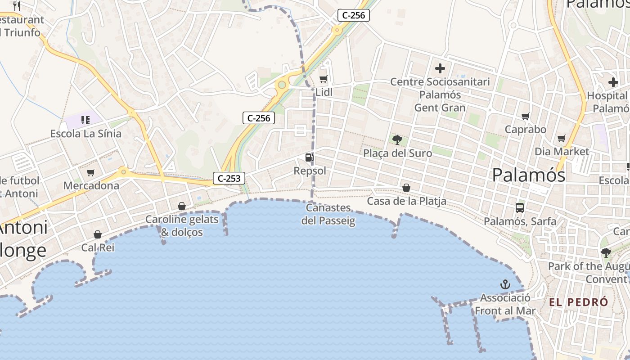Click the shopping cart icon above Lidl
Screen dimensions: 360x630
tap(323, 80)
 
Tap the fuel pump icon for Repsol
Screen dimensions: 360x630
tap(309, 157)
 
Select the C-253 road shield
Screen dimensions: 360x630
tap(229, 178)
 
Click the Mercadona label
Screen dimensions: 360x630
tap(91, 185)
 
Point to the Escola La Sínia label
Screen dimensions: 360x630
tap(85, 134)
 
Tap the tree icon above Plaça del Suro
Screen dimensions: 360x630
tap(397, 140)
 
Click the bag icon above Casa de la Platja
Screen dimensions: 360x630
tap(406, 188)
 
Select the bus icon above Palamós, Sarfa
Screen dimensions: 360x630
tap(520, 208)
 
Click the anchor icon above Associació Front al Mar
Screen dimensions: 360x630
tap(505, 284)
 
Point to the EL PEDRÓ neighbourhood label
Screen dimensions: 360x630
tap(579, 302)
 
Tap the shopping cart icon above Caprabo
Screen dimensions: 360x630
tap(525, 117)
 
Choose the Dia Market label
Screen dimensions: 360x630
tap(562, 151)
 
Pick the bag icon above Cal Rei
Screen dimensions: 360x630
tap(98, 234)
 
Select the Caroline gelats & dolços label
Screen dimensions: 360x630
tap(182, 226)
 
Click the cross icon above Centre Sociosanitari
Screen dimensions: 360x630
tap(440, 68)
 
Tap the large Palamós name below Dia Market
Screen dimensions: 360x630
tap(528, 175)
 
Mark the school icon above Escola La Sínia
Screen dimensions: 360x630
tap(85, 120)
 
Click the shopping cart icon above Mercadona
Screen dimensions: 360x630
tap(91, 172)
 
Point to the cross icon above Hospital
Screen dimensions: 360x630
tap(613, 82)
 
